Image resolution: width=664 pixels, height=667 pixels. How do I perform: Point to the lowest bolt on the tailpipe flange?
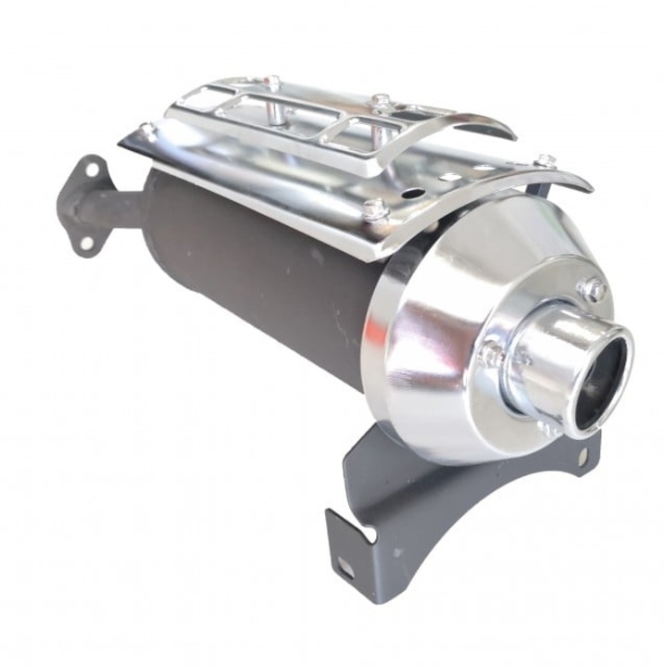547,429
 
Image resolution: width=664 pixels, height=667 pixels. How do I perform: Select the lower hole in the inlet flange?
86,242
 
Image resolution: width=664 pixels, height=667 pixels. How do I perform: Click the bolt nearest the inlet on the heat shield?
147,131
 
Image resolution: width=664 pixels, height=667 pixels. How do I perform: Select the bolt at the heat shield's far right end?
546,162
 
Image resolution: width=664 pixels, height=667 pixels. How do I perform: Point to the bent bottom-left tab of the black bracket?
343,547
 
